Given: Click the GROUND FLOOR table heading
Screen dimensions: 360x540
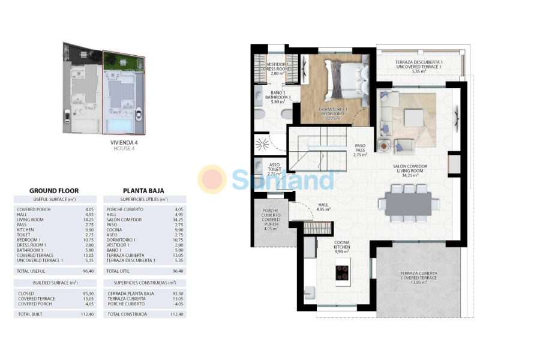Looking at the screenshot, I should click(x=54, y=191).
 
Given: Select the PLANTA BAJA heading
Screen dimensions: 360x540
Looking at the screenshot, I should click(x=143, y=191).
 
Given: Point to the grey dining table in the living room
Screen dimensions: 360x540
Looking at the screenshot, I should click(x=409, y=203).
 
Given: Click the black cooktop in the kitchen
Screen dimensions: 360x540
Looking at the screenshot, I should click(x=343, y=272).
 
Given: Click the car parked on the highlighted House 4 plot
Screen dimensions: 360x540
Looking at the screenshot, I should click(x=139, y=113).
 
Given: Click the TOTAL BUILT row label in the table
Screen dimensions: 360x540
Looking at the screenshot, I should click(x=32, y=314).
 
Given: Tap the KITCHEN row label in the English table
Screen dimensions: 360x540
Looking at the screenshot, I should click(x=27, y=229).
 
